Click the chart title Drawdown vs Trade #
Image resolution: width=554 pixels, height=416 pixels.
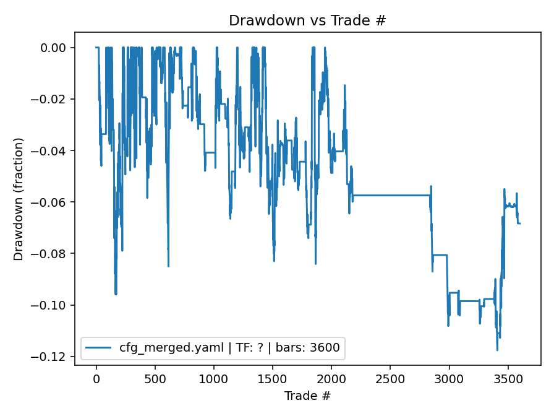point(307,20)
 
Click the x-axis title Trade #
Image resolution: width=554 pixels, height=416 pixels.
point(307,396)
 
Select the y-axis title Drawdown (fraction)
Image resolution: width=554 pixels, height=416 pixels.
point(19,199)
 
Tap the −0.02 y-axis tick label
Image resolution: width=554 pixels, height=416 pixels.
point(53,99)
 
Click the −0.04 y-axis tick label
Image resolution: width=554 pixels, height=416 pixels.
point(53,150)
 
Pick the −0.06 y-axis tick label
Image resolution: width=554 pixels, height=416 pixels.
point(53,202)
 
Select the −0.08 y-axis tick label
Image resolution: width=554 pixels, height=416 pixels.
point(53,253)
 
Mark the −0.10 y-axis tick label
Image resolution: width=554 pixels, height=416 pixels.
point(53,305)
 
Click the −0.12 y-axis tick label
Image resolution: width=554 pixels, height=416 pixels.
point(53,357)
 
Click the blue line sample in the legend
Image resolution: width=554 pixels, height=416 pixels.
point(98,348)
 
